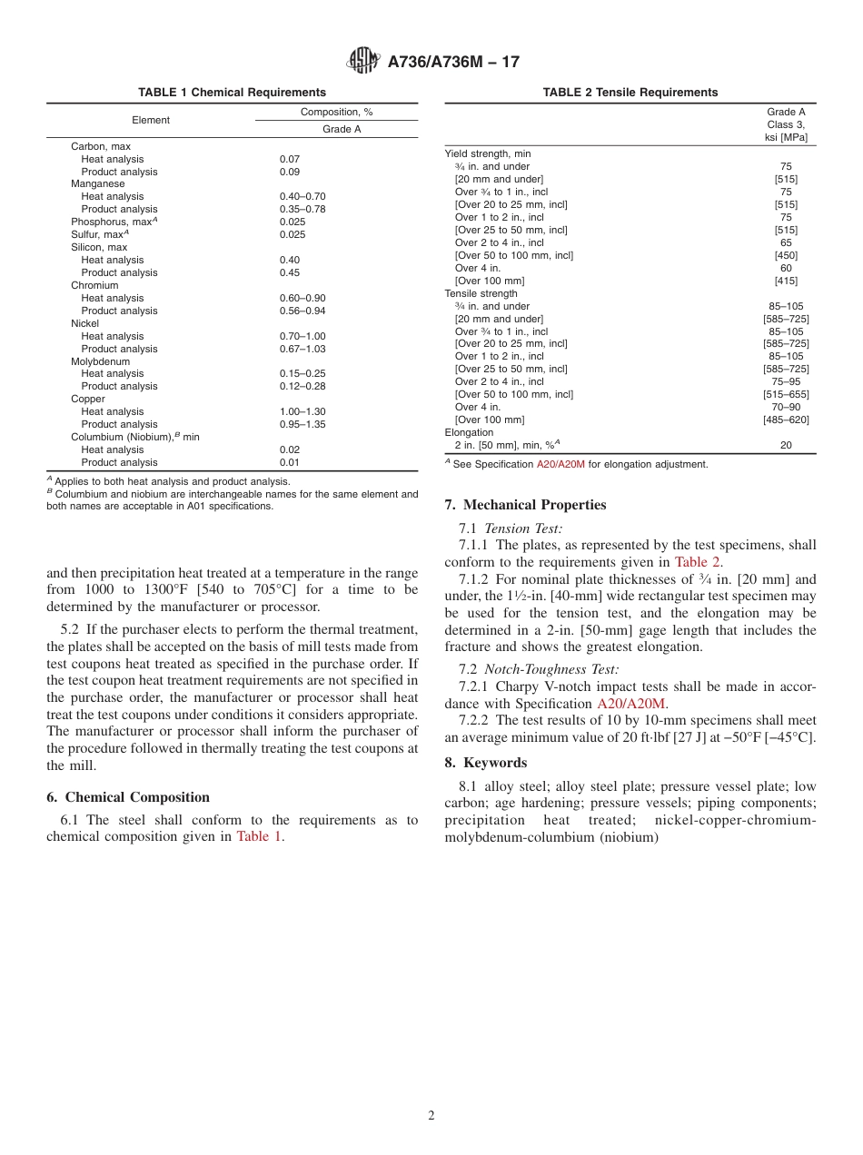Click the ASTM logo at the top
point(363,62)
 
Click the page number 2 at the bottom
point(431,1116)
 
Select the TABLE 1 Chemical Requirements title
point(232,93)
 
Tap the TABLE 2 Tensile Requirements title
point(630,93)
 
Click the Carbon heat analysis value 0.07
point(290,159)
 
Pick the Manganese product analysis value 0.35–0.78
point(303,210)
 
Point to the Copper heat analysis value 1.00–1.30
point(303,412)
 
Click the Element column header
point(151,120)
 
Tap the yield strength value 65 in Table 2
point(786,243)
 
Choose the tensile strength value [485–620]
point(786,420)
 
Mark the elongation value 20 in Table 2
point(786,445)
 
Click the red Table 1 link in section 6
point(259,837)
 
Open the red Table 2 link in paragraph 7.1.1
point(697,562)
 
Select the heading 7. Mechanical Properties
point(525,506)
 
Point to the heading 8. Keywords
point(486,763)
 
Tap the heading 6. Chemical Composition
point(128,797)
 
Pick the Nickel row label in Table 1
point(85,323)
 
